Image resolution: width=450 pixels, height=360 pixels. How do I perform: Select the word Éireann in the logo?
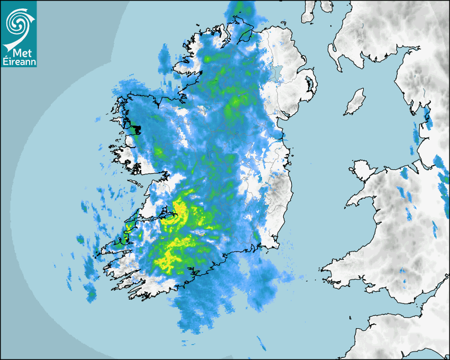[x=19, y=62]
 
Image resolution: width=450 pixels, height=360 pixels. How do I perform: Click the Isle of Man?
[x=355, y=102]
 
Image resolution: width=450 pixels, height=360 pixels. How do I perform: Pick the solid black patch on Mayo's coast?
[x=136, y=129]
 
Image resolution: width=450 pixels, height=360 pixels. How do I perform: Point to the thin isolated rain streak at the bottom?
[x=262, y=343]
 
